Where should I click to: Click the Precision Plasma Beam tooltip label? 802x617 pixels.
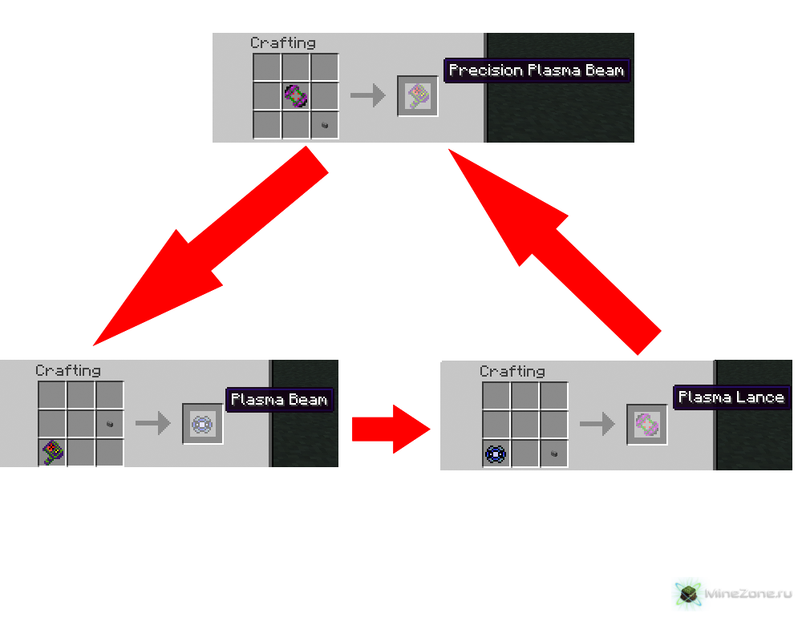pos(536,71)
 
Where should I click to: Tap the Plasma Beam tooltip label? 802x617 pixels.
pos(278,399)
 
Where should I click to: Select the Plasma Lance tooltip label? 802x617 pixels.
pos(731,397)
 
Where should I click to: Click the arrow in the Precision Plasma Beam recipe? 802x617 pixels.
pos(367,97)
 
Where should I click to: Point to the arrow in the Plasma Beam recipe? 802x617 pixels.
pos(152,423)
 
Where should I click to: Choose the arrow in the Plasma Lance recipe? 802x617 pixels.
pos(597,424)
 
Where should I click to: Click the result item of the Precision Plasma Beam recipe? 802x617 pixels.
pos(418,97)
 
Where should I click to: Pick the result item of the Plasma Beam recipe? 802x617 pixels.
pos(203,424)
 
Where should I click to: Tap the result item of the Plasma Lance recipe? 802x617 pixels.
pos(647,425)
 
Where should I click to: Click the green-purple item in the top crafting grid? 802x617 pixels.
pos(296,97)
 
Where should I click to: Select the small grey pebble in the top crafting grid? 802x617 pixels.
pos(325,125)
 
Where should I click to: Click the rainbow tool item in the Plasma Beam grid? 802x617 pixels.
pos(52,453)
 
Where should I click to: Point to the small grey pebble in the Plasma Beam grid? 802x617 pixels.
pos(110,424)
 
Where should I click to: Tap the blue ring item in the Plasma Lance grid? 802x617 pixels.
pos(496,454)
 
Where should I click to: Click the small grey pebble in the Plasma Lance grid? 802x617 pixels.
pos(554,454)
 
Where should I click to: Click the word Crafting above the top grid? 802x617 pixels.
pos(282,42)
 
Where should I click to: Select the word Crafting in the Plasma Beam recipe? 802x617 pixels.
pos(68,370)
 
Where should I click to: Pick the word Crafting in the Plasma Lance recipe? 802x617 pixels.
pos(512,371)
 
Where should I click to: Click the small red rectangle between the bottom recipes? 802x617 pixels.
pos(391,429)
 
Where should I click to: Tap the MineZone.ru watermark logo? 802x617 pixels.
pos(731,594)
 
